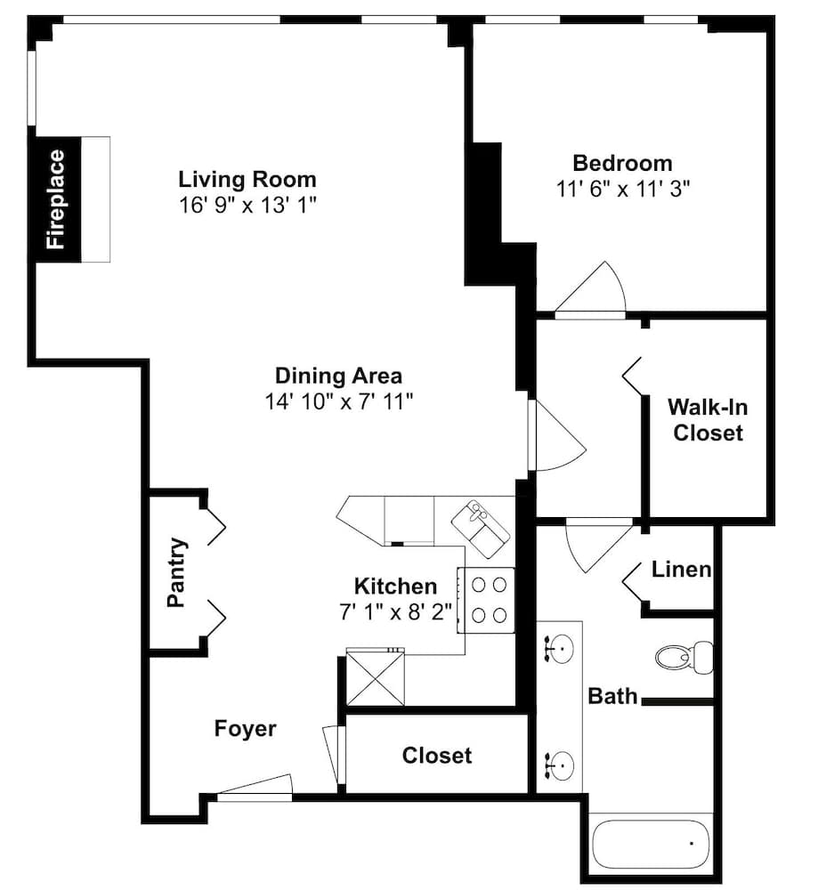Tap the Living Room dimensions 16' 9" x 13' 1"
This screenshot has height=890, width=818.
(x=247, y=205)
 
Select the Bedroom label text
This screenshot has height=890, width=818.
(x=623, y=164)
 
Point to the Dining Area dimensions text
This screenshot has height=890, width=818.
(x=339, y=402)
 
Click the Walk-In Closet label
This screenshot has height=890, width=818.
(x=708, y=420)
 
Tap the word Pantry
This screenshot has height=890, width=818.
(x=176, y=572)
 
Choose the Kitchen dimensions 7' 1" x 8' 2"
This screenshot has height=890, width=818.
(x=396, y=612)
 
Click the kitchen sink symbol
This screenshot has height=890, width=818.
(x=481, y=529)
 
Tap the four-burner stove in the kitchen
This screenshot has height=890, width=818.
(x=487, y=600)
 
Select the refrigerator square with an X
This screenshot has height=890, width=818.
(x=376, y=677)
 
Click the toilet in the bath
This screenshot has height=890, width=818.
(x=684, y=658)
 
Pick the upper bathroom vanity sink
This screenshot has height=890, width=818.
(x=559, y=648)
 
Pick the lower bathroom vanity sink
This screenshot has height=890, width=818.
(x=559, y=765)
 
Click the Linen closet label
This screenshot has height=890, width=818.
(x=681, y=570)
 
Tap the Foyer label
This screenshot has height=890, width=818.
(x=246, y=729)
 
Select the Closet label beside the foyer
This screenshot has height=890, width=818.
(x=436, y=756)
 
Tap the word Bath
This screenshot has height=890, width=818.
(x=612, y=697)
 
